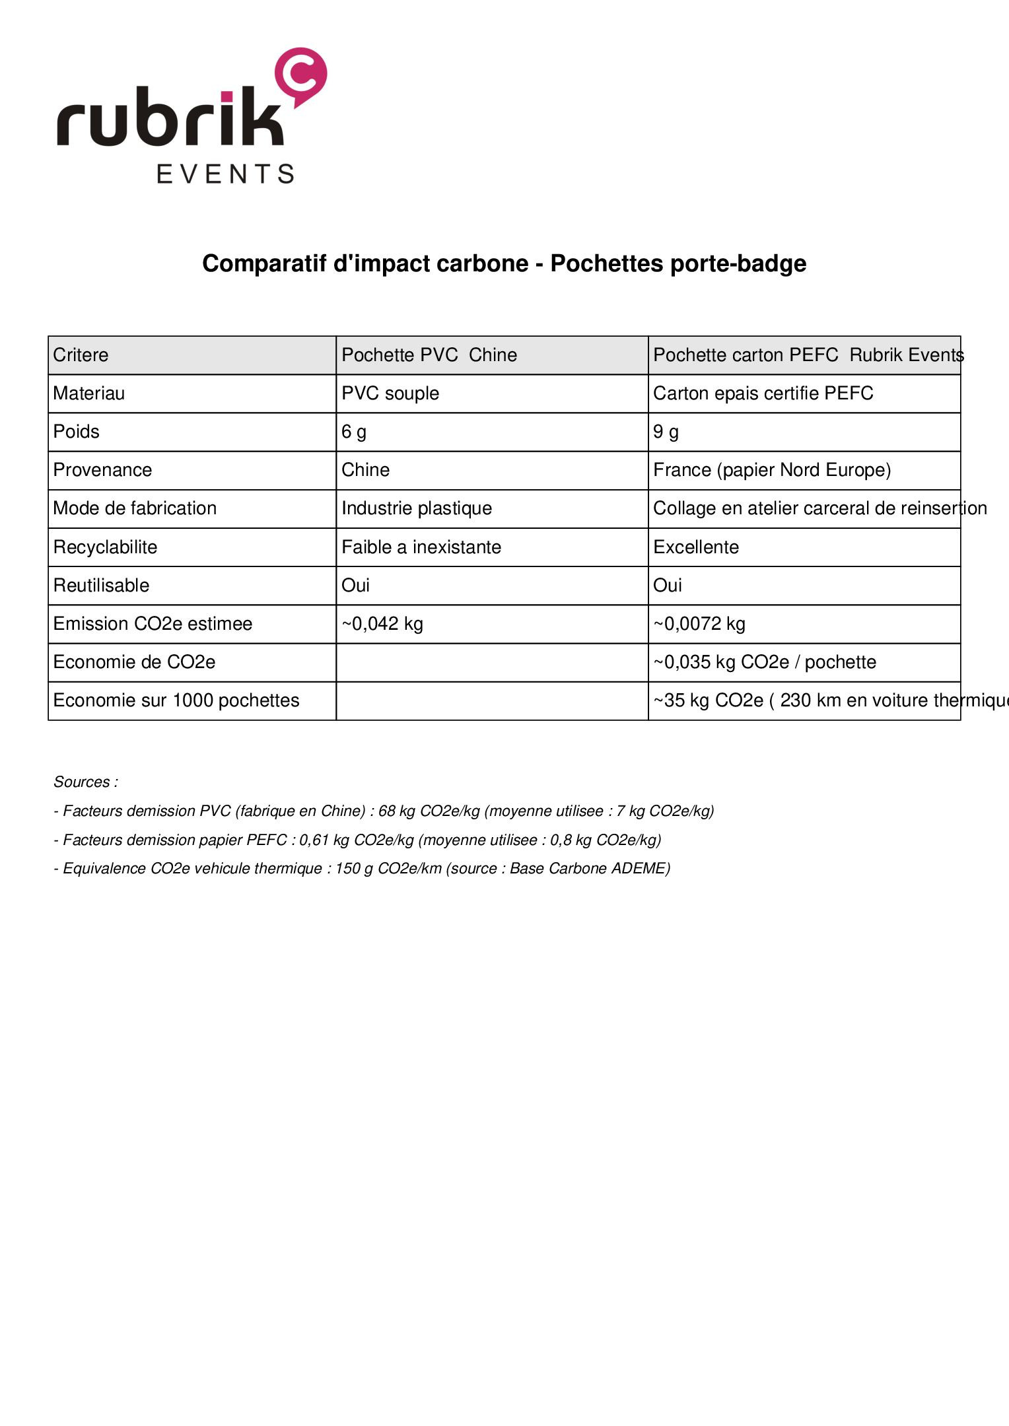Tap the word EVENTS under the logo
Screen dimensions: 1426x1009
tap(225, 174)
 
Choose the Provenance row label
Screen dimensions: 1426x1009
tap(102, 470)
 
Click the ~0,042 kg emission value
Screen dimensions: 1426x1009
tap(382, 624)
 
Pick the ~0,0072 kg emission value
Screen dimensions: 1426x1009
tap(699, 624)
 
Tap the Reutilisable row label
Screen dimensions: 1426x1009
tap(101, 586)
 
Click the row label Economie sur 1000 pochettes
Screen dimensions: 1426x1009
tap(176, 700)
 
